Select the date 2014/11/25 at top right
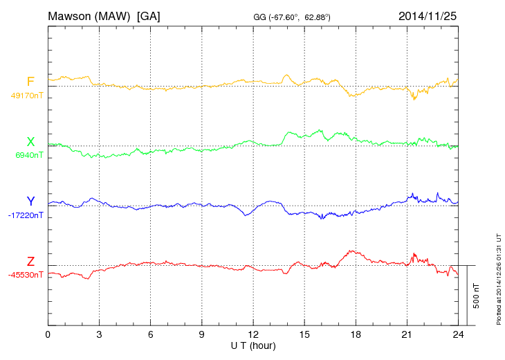pos(428,15)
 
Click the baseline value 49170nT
pos(26,96)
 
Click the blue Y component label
pos(30,201)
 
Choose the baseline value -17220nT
pos(26,215)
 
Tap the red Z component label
pos(30,261)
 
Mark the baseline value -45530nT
pos(26,275)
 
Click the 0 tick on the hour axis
pos(48,335)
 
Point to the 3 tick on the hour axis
pos(99,335)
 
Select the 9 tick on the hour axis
pos(201,335)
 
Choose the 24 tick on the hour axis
pos(457,335)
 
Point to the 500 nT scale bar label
pos(477,296)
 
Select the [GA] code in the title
pos(149,15)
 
